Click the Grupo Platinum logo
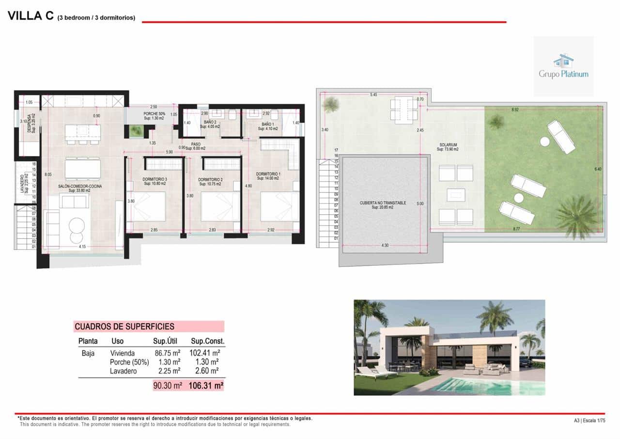point(563,66)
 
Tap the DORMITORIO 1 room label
point(268,174)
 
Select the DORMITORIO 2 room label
point(210,180)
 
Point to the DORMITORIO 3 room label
point(155,180)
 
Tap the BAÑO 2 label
point(210,122)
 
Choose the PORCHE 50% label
point(154,114)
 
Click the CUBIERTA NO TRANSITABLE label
point(383,203)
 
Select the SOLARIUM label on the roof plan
point(446,144)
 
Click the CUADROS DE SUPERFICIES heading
point(124,327)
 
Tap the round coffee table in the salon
point(76,225)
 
